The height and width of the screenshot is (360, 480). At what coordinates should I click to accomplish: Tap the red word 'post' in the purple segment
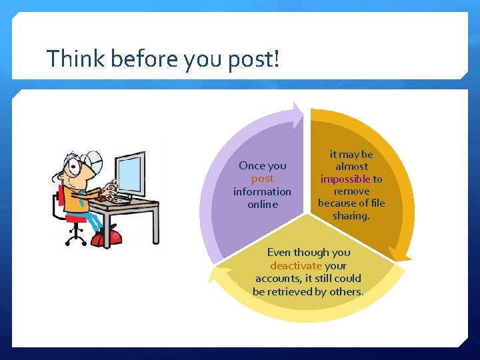coord(262,179)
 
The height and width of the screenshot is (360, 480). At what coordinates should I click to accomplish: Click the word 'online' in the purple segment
coord(262,205)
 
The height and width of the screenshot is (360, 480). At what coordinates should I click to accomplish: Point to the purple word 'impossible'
coord(345,179)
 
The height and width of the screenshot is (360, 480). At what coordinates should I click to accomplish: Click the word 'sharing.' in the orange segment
coord(351,215)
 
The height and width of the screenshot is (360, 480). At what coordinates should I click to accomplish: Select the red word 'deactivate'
coord(296,265)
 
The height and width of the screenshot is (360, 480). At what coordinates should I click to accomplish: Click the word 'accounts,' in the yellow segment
coord(279,278)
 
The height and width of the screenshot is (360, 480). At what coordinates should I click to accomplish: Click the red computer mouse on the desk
coord(101,197)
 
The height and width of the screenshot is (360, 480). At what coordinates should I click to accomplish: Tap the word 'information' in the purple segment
coord(262,191)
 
